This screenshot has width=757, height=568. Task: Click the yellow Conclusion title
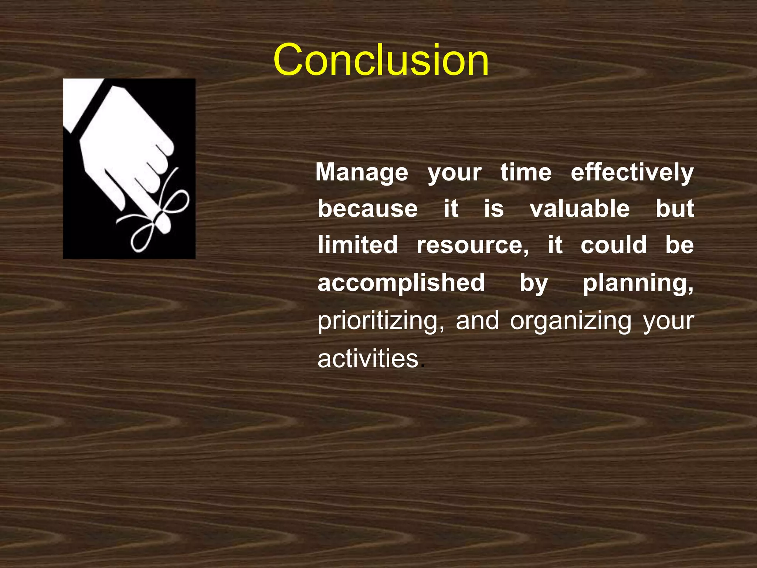(x=381, y=60)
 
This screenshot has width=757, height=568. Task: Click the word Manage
(x=361, y=172)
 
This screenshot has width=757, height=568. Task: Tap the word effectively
(x=632, y=172)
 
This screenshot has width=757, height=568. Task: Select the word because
(x=367, y=209)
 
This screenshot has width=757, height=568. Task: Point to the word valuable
(x=580, y=209)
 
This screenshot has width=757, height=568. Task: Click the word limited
(x=357, y=245)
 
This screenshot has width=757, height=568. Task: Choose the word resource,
(x=472, y=246)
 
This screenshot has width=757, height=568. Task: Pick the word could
(x=614, y=245)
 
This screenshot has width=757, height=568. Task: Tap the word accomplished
(x=401, y=283)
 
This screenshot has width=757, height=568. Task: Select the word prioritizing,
(x=381, y=321)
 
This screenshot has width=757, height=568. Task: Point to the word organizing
(x=571, y=321)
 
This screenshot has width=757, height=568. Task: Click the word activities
(x=368, y=359)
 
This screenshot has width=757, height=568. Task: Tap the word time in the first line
(x=526, y=172)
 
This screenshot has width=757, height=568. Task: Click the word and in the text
(x=477, y=321)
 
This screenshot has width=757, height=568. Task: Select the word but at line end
(x=675, y=209)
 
